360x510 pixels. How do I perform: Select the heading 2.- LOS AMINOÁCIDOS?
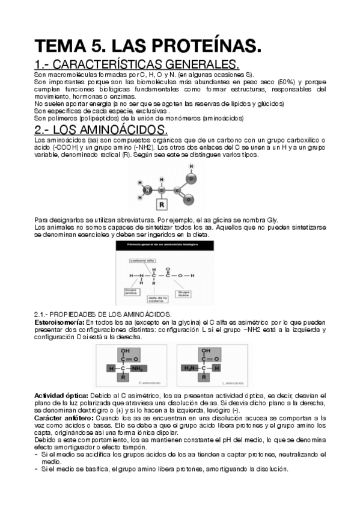[x=102, y=130]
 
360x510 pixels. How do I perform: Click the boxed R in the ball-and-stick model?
[x=161, y=201]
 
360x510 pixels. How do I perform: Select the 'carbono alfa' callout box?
[x=142, y=261]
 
